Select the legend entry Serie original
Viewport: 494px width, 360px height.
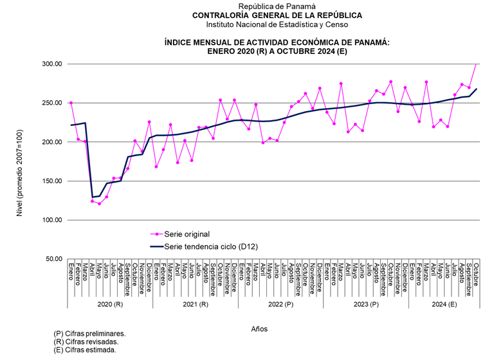187,234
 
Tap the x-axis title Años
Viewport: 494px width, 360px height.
259,328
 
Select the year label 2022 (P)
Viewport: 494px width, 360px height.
281,303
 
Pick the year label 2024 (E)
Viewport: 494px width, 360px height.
444,303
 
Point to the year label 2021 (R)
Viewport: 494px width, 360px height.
195,303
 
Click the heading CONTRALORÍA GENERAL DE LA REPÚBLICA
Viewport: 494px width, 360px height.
277,15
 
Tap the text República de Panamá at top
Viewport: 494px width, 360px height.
277,6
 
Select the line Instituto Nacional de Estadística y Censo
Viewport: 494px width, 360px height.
277,24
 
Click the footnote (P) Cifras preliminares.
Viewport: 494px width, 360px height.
89,334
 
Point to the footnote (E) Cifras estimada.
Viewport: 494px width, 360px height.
85,350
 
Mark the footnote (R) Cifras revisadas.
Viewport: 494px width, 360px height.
86,342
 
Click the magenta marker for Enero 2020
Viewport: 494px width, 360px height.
71,103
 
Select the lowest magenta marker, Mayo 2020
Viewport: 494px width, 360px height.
99,204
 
